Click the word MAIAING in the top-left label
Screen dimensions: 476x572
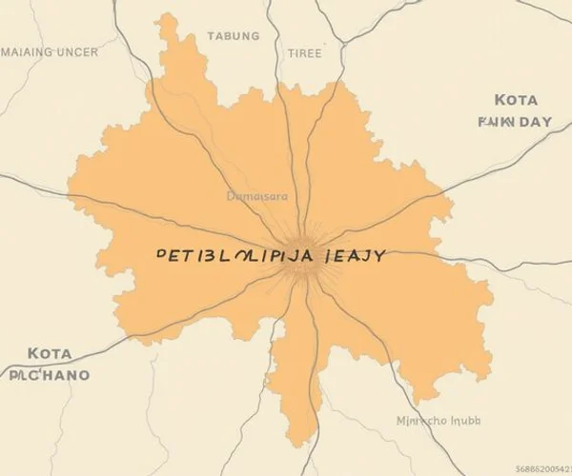(29, 52)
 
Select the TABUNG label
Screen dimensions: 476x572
(233, 36)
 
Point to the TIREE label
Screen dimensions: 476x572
(304, 54)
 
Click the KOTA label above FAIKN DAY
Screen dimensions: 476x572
(517, 100)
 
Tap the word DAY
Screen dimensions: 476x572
(533, 122)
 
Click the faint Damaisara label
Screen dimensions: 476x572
(257, 197)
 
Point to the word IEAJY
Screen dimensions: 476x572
(354, 257)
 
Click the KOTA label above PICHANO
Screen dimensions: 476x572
(50, 353)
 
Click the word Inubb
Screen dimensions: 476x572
(466, 420)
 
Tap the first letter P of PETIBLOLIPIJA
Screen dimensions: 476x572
(160, 257)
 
